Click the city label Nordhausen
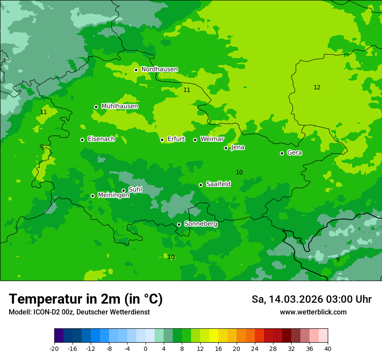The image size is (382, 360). [x=159, y=69]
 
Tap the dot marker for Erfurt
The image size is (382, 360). [x=162, y=140]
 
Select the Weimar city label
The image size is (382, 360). [x=212, y=139]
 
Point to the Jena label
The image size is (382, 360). [x=237, y=147]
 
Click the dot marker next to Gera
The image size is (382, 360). [x=282, y=153]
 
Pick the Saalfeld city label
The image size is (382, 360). [x=218, y=184]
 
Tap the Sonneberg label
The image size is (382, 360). [x=201, y=224]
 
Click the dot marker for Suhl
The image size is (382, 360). [x=123, y=190]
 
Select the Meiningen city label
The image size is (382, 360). [x=113, y=195]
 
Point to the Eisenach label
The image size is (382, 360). [x=101, y=139]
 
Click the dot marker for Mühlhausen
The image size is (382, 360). [x=96, y=107]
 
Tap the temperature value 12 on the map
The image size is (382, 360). [x=317, y=87]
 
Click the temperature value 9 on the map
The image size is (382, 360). [x=338, y=259]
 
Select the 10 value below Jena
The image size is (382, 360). [x=239, y=172]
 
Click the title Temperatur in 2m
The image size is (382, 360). [x=86, y=299]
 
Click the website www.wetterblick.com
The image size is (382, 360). [x=313, y=312]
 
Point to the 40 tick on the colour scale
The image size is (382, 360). [x=327, y=349]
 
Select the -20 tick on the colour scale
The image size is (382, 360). [x=54, y=349]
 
